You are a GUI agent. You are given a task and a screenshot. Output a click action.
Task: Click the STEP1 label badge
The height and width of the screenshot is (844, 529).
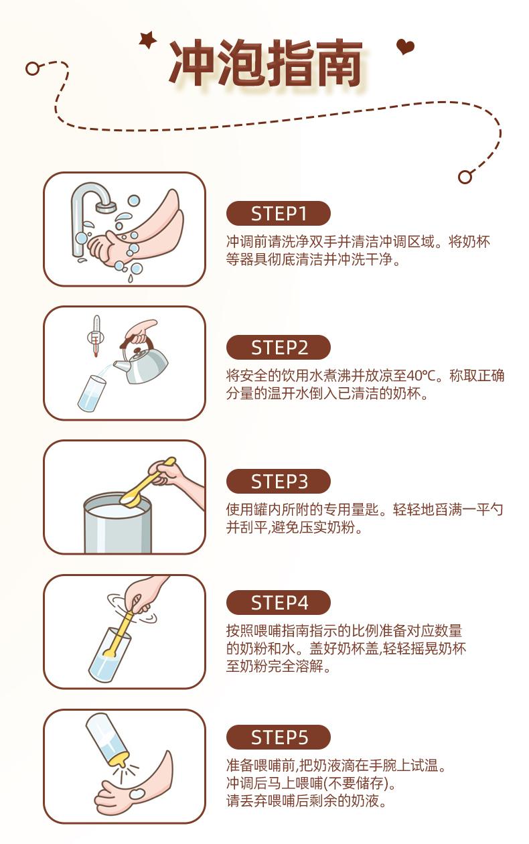click(278, 213)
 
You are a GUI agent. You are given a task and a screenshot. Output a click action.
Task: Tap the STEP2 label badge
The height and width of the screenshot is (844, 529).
click(278, 347)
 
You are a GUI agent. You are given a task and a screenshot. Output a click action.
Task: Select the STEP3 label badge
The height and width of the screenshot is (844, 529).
click(278, 481)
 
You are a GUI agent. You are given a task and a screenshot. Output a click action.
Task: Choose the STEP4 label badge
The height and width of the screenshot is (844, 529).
click(278, 602)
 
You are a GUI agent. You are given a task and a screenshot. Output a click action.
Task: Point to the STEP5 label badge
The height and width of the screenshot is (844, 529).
click(278, 737)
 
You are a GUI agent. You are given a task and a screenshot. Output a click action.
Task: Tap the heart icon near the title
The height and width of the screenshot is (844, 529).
click(405, 47)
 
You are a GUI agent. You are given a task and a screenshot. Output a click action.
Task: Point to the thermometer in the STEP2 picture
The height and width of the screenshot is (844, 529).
click(96, 336)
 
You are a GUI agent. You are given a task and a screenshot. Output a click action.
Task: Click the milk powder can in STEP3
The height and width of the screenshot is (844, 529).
click(117, 524)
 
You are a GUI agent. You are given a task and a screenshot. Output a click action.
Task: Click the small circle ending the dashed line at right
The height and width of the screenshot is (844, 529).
click(465, 177)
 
